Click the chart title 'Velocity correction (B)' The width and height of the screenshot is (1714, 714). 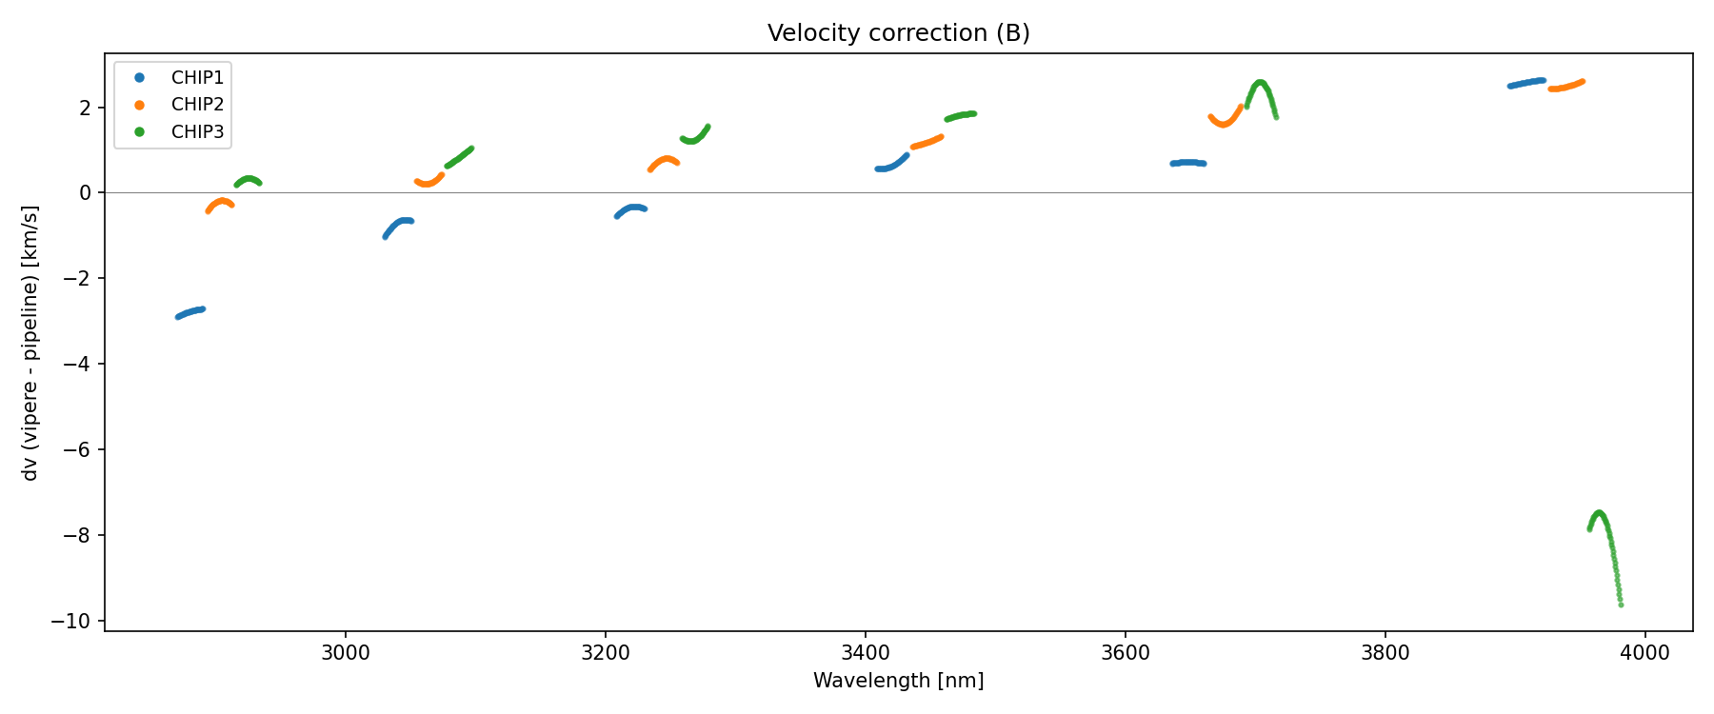tap(898, 33)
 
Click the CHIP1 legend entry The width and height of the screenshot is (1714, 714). tap(197, 77)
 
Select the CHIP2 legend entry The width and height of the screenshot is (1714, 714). tap(197, 105)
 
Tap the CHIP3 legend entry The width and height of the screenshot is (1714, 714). tap(197, 132)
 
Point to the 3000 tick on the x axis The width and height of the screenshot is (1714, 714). tap(345, 653)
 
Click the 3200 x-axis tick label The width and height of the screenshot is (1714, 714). tap(605, 653)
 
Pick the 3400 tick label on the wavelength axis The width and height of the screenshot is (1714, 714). tap(865, 653)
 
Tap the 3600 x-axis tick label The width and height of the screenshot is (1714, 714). tap(1125, 653)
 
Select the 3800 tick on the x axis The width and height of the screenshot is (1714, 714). tap(1385, 653)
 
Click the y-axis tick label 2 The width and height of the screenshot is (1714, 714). tap(86, 108)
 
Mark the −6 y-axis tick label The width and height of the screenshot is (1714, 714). tap(82, 450)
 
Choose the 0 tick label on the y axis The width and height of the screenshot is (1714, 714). tap(86, 193)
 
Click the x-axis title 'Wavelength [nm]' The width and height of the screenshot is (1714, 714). tap(898, 681)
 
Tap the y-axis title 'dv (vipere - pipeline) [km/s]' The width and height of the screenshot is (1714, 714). tap(30, 343)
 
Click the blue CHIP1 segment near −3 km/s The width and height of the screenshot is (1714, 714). tap(190, 312)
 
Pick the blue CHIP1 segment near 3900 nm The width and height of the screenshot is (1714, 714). tap(1526, 84)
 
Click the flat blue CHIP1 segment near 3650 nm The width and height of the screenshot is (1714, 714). tap(1187, 163)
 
